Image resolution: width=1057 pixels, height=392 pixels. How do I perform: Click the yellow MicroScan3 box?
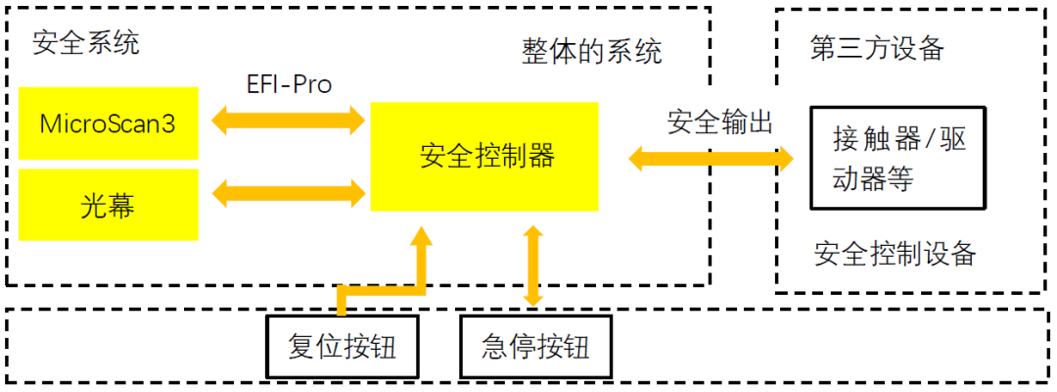pyautogui.click(x=109, y=123)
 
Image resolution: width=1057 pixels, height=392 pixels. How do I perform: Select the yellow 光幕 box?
pyautogui.click(x=109, y=205)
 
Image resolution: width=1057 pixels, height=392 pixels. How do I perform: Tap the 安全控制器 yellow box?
pyautogui.click(x=484, y=157)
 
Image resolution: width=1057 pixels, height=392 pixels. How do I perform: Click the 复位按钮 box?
pyautogui.click(x=343, y=347)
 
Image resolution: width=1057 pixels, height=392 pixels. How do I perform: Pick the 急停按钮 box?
pyautogui.click(x=535, y=347)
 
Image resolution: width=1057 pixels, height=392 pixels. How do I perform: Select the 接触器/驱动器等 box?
pyautogui.click(x=898, y=158)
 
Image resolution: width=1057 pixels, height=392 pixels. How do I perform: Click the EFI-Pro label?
pyautogui.click(x=289, y=85)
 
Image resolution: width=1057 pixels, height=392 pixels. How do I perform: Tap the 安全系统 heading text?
pyautogui.click(x=86, y=42)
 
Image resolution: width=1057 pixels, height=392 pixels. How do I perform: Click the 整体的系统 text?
pyautogui.click(x=592, y=51)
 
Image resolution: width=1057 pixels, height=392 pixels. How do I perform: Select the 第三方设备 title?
pyautogui.click(x=877, y=48)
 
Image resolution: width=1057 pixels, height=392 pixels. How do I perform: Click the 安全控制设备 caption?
pyautogui.click(x=895, y=254)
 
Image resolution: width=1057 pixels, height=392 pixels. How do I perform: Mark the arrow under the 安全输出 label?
pyautogui.click(x=710, y=157)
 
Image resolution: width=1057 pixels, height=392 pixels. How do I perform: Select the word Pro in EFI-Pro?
pyautogui.click(x=310, y=85)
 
